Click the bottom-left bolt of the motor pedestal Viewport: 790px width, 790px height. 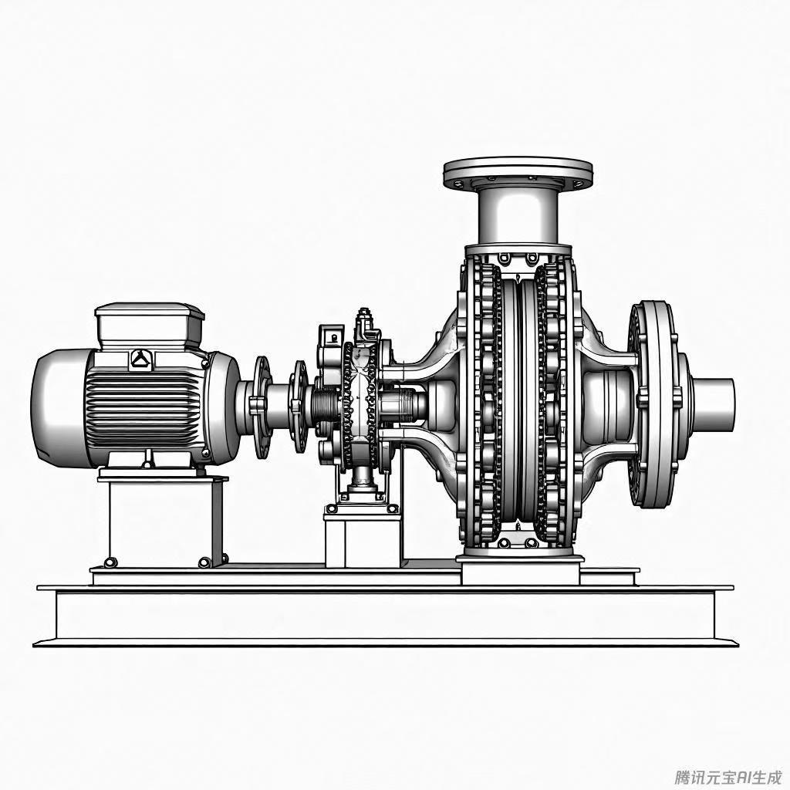tap(110, 562)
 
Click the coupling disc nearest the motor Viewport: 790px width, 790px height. tap(262, 407)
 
